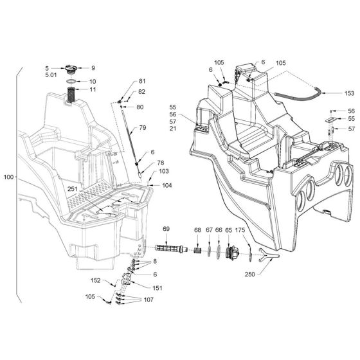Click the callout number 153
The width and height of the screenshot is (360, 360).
point(349,93)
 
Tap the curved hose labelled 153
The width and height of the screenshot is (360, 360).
point(298,96)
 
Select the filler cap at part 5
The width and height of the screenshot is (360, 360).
point(70,69)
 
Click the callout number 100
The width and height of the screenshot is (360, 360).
point(8,177)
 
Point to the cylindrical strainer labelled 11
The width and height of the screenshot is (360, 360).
point(71,95)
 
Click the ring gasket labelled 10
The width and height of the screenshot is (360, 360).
point(71,82)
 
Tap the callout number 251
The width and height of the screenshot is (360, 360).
point(73,189)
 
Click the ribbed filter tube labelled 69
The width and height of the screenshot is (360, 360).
point(171,248)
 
